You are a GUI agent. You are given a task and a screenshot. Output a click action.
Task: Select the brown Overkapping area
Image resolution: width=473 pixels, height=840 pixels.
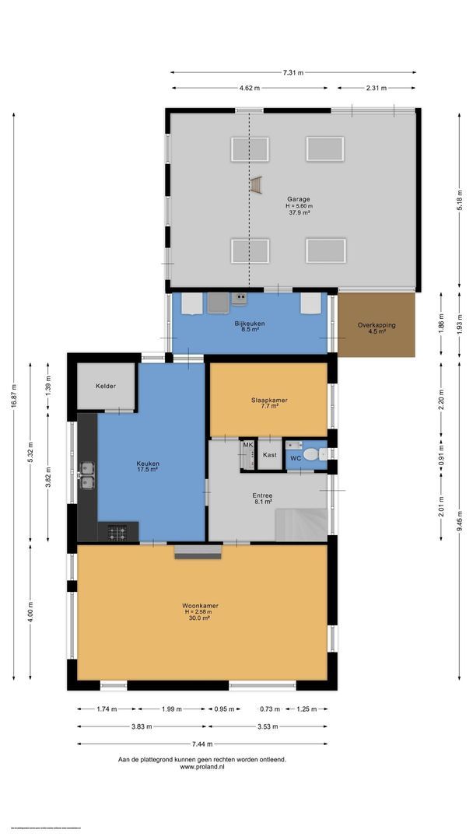pos(377,324)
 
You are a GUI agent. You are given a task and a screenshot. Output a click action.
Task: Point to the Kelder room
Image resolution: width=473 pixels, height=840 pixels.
pos(106,386)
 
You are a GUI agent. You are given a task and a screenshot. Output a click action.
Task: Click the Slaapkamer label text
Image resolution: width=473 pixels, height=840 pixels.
pos(269,400)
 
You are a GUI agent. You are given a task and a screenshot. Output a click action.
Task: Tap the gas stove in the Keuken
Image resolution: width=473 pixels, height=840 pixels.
pos(117,533)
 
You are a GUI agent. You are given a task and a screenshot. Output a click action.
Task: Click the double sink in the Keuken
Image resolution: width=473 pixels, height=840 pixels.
pos(86,474)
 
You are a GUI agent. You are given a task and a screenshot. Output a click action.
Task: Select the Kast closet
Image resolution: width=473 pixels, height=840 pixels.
pos(270,454)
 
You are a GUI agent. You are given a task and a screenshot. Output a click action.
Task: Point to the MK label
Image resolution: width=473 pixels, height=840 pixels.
pos(248,445)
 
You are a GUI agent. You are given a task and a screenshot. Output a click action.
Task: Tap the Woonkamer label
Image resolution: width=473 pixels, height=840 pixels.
pos(200,605)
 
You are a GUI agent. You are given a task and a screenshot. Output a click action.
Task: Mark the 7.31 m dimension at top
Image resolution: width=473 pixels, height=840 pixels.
pos(293,72)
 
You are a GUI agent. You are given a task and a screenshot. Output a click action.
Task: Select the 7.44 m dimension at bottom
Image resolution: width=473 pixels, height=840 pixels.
pos(201,743)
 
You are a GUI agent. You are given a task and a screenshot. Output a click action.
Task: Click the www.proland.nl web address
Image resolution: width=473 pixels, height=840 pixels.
pos(201,767)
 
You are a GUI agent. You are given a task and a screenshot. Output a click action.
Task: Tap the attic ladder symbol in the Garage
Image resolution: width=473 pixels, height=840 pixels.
pos(256,184)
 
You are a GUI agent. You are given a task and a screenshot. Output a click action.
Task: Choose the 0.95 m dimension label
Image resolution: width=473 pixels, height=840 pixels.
pos(224,709)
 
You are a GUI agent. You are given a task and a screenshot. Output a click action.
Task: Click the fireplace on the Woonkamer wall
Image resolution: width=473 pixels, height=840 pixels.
pos(198,551)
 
